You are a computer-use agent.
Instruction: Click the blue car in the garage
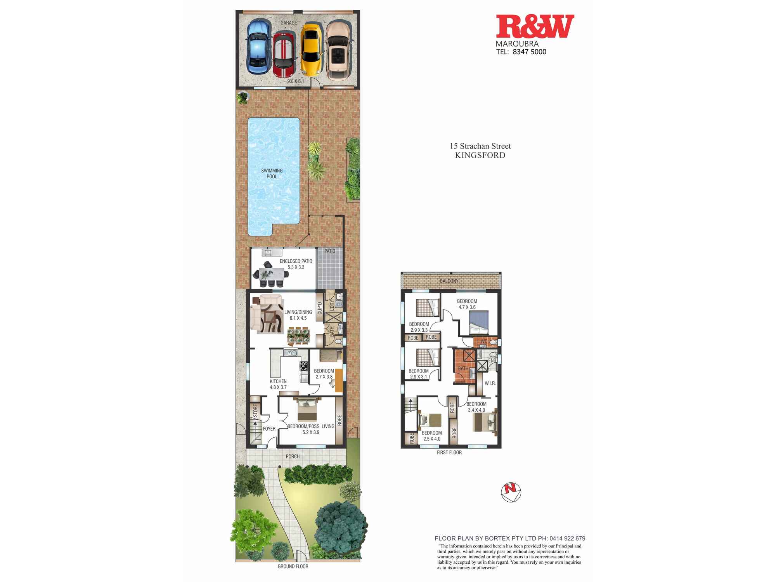tap(259, 47)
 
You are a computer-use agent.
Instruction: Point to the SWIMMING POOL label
tap(272, 173)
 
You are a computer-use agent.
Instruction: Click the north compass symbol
tap(511, 492)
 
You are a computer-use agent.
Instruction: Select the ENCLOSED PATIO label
tap(296, 261)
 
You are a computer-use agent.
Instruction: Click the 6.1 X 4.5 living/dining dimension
tap(298, 318)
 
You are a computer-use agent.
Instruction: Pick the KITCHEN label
tap(278, 381)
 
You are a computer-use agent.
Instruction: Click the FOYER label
tap(269, 429)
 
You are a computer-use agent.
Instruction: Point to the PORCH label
tap(293, 456)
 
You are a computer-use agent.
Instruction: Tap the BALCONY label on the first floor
tap(449, 281)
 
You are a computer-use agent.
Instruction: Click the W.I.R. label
tap(490, 383)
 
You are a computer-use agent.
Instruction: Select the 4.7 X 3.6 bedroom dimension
tap(467, 307)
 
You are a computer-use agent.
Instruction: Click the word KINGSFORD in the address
tap(480, 155)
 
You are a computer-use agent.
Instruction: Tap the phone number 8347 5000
tap(529, 52)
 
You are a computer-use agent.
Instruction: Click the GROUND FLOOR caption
tap(293, 566)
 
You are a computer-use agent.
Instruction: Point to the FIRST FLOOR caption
tap(449, 452)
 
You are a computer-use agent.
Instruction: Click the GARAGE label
tap(289, 23)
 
